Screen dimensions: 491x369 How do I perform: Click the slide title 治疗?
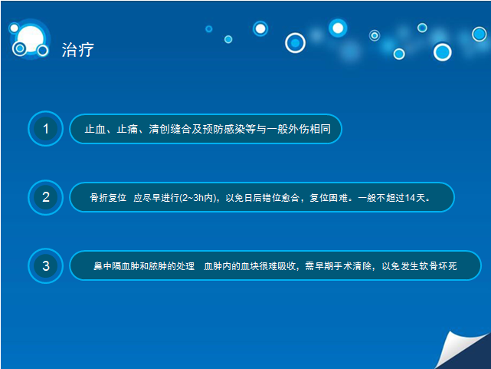77,50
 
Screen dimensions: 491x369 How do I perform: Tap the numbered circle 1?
46,129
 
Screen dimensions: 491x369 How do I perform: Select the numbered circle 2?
46,197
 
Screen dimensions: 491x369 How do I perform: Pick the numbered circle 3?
46,266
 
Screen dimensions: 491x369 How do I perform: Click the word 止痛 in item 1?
127,129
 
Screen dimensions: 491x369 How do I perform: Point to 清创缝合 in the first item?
170,129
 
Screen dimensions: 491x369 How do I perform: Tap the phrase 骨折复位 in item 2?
108,198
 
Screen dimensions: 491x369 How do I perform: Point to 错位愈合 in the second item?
280,198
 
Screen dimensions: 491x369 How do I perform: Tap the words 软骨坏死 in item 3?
438,266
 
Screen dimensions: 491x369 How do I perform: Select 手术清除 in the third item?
352,266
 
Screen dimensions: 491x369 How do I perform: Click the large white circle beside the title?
31,39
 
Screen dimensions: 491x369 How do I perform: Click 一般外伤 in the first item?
288,129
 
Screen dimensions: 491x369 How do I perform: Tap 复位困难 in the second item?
329,198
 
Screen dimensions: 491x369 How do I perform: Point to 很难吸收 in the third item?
277,266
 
